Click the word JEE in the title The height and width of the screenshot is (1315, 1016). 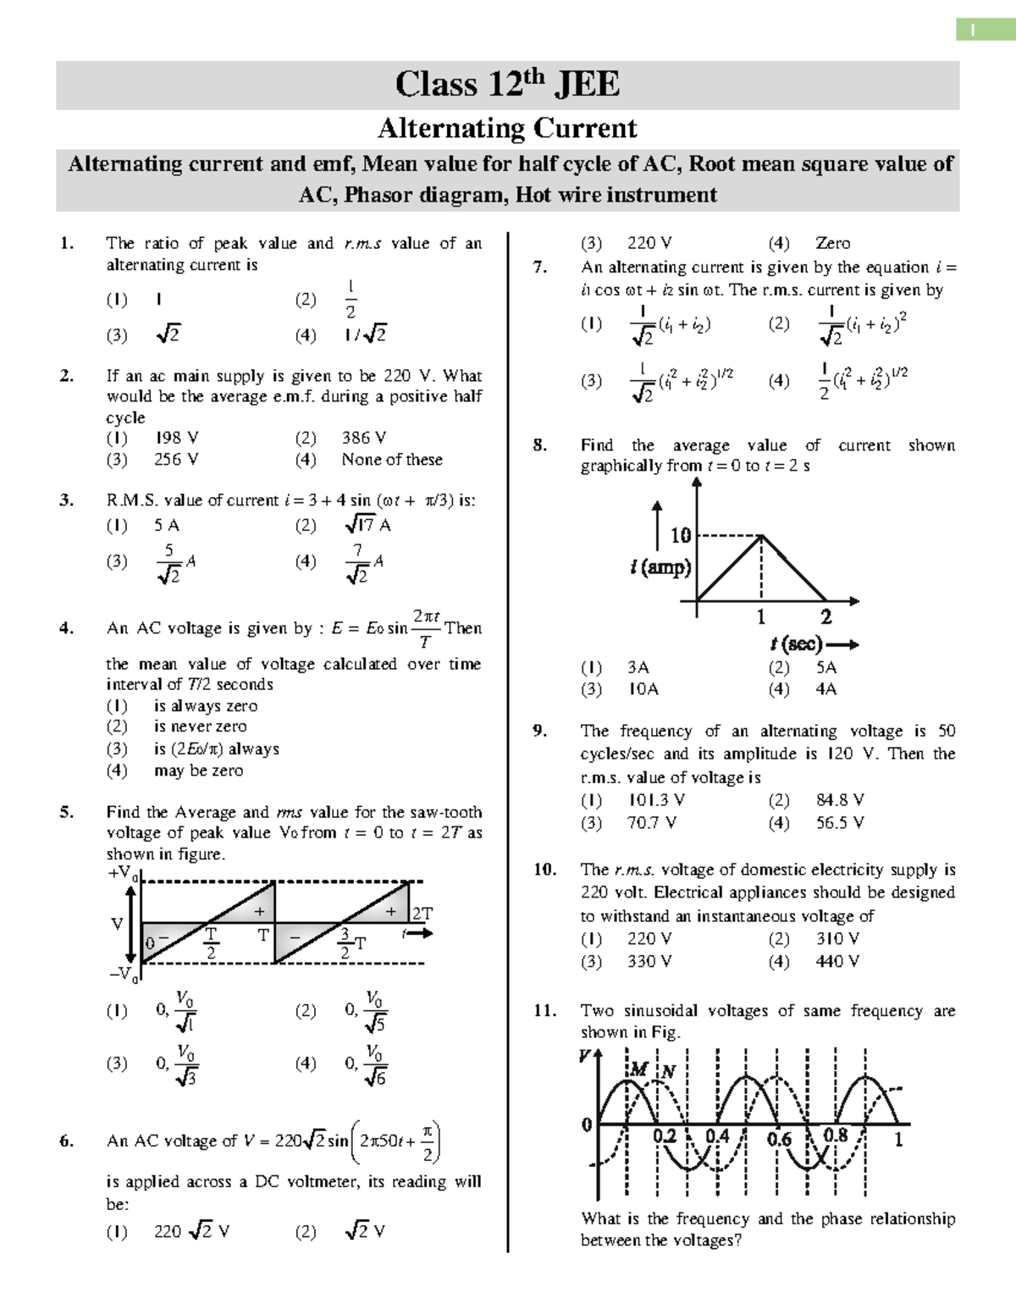point(587,84)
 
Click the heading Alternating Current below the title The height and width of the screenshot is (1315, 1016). point(507,128)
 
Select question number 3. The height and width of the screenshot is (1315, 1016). point(67,500)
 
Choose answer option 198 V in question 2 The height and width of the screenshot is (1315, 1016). point(177,438)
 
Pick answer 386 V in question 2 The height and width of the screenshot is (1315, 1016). point(364,438)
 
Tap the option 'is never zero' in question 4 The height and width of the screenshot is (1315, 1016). point(201,727)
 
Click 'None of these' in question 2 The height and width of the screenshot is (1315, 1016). point(392,460)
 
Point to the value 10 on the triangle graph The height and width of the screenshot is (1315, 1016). point(681,535)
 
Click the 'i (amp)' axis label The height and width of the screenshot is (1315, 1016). point(661,566)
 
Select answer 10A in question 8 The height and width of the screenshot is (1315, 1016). point(643,689)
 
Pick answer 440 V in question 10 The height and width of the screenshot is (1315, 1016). point(838,962)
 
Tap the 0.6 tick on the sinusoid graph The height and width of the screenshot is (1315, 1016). point(779,1139)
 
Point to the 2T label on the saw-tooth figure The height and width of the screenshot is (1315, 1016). point(422,914)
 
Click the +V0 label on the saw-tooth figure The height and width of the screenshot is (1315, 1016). point(123,873)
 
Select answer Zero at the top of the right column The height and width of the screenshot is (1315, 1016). point(832,243)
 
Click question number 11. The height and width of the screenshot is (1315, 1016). point(544,1011)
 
